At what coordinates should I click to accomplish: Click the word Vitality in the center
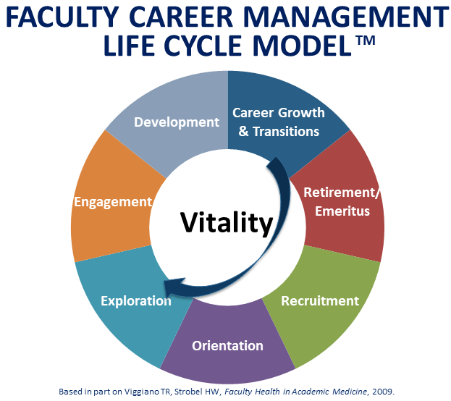[227, 223]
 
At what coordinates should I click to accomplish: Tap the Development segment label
[177, 122]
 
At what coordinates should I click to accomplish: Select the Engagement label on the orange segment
[113, 202]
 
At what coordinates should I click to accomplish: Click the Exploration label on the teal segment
[136, 301]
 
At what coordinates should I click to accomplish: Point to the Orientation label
[227, 345]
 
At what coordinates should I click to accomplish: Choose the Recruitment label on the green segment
[320, 301]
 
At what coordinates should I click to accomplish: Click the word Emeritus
[342, 211]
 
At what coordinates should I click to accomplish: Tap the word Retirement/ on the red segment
[342, 193]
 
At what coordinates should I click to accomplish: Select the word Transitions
[286, 132]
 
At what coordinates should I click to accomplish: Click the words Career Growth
[279, 113]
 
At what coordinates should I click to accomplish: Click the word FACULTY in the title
[62, 17]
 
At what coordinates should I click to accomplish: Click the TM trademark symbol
[366, 41]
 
